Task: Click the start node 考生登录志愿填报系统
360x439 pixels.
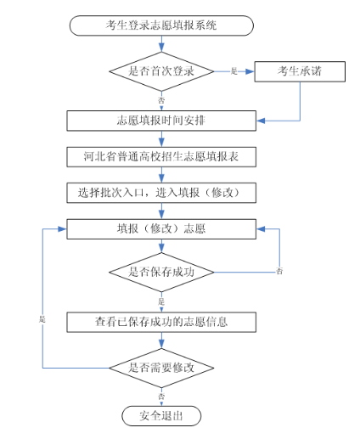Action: [x=160, y=25]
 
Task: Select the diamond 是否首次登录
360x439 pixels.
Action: [x=160, y=72]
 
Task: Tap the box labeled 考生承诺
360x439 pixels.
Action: [x=300, y=72]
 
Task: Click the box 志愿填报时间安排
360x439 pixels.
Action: [x=160, y=121]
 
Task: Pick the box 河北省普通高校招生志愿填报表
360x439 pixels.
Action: [x=160, y=156]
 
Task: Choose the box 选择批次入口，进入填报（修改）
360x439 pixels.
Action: [x=160, y=193]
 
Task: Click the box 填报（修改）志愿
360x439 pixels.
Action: [x=160, y=228]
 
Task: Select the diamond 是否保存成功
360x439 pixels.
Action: [x=160, y=273]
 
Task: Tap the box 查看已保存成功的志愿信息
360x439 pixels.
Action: [x=160, y=321]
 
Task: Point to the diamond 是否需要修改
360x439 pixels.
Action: [x=160, y=368]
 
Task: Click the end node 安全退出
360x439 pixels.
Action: [x=160, y=416]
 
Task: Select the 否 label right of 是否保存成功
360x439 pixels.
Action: [x=279, y=270]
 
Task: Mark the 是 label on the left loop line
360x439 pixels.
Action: [x=42, y=318]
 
